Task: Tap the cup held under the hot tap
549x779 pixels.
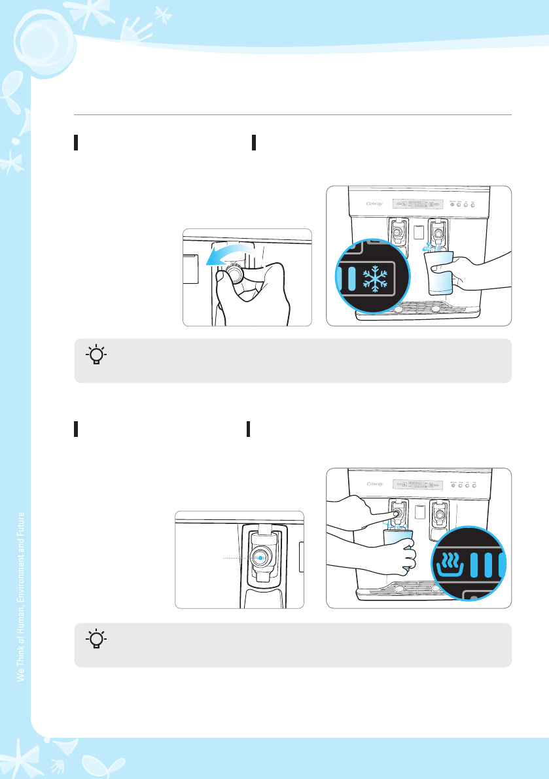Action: (x=397, y=547)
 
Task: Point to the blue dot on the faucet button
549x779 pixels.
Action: (x=260, y=557)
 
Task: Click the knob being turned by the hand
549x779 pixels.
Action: (x=234, y=275)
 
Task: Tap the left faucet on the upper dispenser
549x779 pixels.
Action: (x=397, y=230)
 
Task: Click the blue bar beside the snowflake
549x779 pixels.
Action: (x=353, y=277)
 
